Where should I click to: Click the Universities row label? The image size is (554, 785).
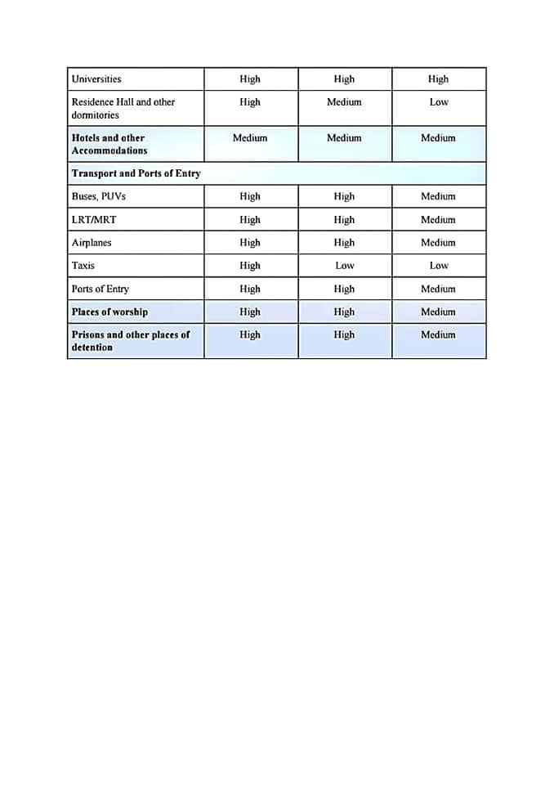click(96, 79)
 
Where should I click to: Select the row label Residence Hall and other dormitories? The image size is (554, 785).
click(123, 109)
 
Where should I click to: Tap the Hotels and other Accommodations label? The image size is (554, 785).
click(109, 144)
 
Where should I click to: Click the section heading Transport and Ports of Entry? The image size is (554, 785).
click(136, 173)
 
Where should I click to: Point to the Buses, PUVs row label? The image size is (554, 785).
click(99, 196)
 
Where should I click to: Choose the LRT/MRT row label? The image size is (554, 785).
click(94, 220)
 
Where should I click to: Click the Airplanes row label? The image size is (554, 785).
click(92, 243)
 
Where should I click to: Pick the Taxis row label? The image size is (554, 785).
click(83, 266)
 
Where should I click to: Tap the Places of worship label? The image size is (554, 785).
click(109, 312)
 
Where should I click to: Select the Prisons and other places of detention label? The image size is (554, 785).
click(131, 341)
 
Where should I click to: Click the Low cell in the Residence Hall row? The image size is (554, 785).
click(439, 102)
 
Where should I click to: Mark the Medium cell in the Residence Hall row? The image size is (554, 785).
click(344, 102)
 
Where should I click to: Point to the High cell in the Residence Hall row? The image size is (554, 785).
click(250, 102)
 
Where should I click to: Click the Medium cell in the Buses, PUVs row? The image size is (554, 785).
click(438, 196)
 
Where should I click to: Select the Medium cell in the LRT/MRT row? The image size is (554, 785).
click(438, 220)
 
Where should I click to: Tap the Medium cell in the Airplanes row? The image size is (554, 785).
click(438, 243)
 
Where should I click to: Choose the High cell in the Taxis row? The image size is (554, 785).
click(250, 266)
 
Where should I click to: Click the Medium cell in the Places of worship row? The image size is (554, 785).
click(438, 312)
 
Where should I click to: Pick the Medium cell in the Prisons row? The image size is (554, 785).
click(438, 334)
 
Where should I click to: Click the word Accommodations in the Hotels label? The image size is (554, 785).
click(109, 150)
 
